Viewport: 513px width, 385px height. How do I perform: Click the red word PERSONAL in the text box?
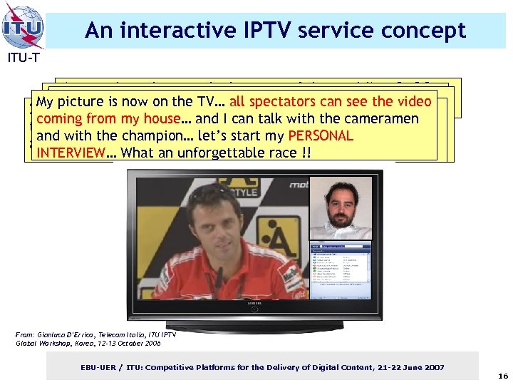coord(320,135)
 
